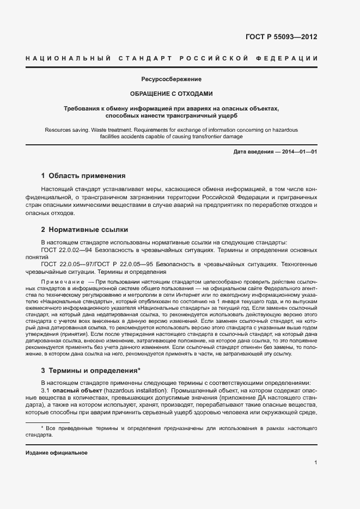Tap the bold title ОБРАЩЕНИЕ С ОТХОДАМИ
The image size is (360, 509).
171,94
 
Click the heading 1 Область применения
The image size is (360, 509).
83,176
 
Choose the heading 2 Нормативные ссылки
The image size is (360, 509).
84,229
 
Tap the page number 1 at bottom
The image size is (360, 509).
315,463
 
